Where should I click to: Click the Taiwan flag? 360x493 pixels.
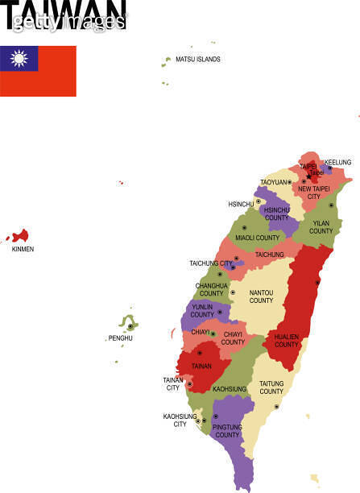point(39,71)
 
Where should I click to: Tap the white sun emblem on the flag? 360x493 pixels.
point(19,58)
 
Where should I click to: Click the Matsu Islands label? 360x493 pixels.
point(197,60)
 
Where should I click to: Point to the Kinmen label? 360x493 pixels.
point(23,249)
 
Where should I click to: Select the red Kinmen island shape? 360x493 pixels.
point(20,235)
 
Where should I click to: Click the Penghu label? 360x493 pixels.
point(121,338)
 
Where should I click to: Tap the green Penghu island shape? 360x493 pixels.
point(128,324)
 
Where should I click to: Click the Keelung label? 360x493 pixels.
point(337,162)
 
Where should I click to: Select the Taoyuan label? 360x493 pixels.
point(274,182)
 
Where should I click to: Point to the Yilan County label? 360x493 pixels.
point(321,226)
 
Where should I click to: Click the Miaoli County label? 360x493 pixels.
point(257,238)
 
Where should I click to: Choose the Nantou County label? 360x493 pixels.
point(261,296)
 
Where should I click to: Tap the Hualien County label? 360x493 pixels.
point(286,341)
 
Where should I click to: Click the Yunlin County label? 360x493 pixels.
point(202,311)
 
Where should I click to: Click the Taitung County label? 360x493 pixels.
point(271,387)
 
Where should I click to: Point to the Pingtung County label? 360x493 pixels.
point(227,431)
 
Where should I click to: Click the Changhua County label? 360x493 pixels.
point(211,289)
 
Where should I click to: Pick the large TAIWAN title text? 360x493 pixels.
point(63,14)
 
